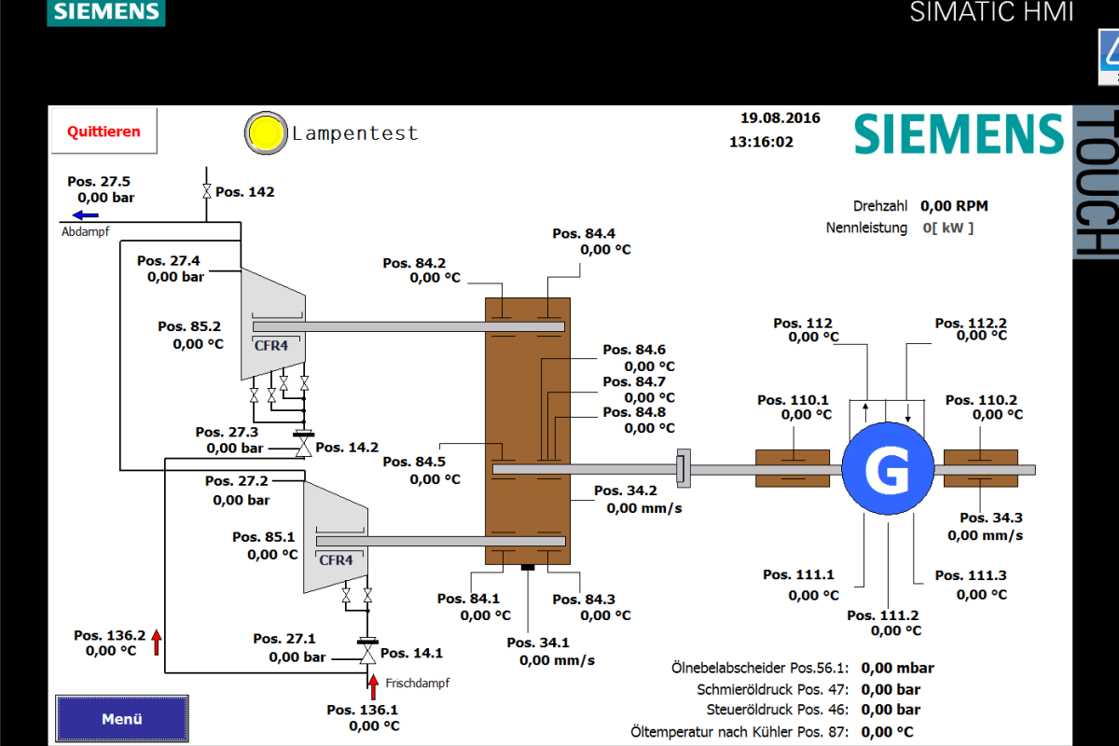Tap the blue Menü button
click(121, 719)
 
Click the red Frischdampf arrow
click(374, 685)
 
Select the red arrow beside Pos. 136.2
click(157, 642)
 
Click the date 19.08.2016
click(781, 118)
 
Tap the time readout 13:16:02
click(761, 143)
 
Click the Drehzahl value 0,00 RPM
click(954, 206)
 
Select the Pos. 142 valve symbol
click(205, 192)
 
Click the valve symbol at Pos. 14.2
click(303, 449)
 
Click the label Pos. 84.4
click(584, 234)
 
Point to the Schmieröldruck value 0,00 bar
click(891, 690)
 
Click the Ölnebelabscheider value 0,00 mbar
click(897, 668)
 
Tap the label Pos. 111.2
click(883, 615)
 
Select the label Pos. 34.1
click(538, 642)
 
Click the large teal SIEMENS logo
click(959, 134)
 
